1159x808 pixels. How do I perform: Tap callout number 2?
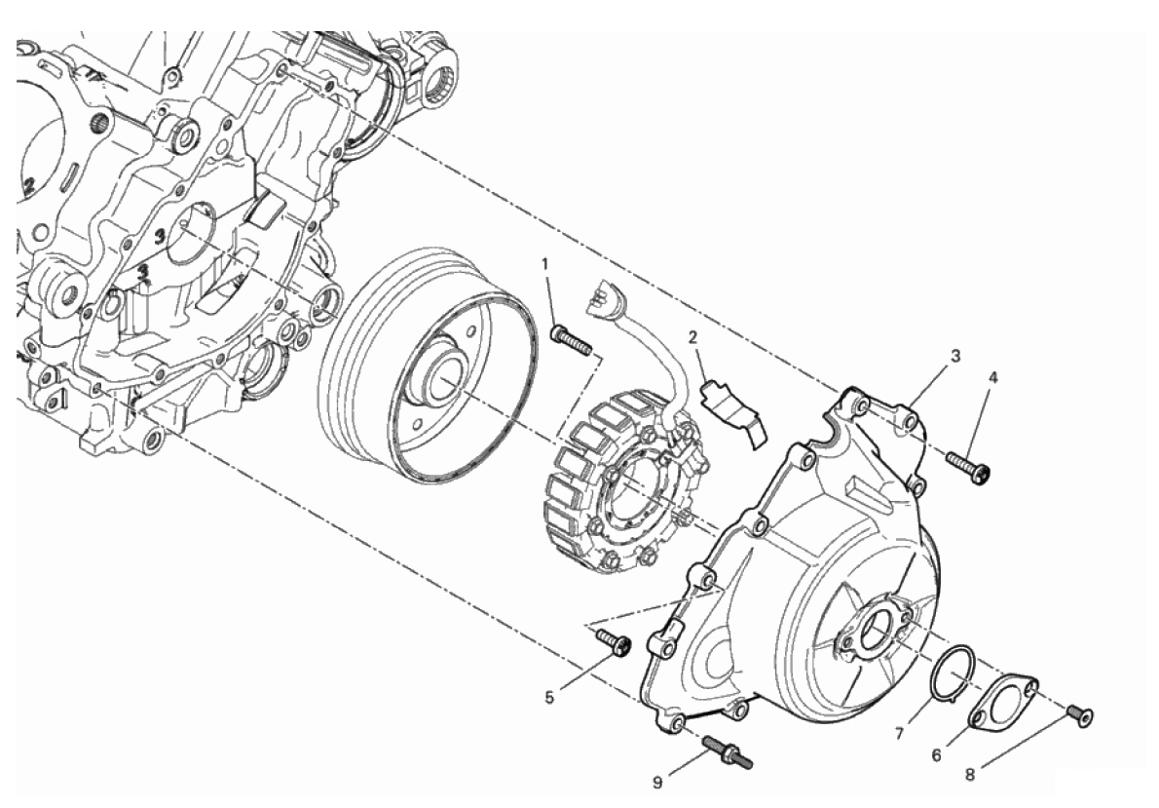tap(692, 338)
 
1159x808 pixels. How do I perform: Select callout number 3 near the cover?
tap(955, 356)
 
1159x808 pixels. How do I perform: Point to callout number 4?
tap(993, 377)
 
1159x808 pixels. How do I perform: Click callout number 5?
tap(549, 697)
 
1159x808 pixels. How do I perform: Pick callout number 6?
tap(936, 755)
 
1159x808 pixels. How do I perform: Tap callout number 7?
tap(899, 733)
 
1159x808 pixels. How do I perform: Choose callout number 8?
tap(970, 776)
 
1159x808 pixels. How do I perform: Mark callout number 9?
tap(657, 782)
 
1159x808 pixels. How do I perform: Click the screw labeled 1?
tap(572, 339)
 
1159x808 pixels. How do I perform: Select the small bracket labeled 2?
tap(734, 413)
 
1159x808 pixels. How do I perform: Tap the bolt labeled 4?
tap(968, 469)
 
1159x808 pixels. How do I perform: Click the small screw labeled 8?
tap(1080, 714)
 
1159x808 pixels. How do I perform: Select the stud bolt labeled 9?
tap(729, 750)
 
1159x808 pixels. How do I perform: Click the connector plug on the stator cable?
tap(607, 297)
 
